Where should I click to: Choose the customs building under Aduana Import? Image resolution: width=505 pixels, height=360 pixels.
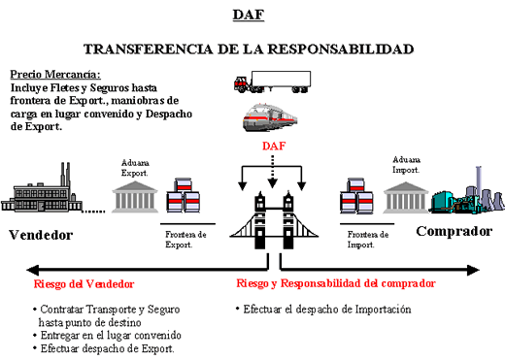pos(407,197)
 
